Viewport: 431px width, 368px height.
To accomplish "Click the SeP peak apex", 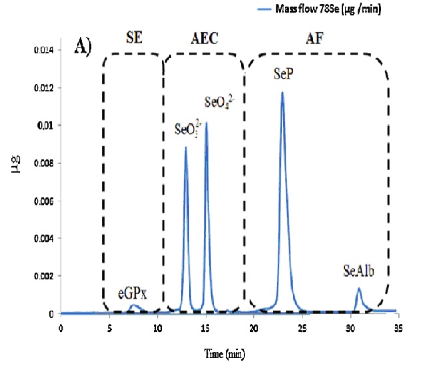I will coord(282,93).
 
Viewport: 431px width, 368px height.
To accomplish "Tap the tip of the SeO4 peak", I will coord(206,123).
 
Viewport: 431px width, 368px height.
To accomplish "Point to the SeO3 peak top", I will coord(185,147).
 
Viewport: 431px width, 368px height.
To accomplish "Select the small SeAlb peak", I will coord(358,289).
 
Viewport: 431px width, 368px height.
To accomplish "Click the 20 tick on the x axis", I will coord(253,327).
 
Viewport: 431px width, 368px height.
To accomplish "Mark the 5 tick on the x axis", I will coord(109,327).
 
